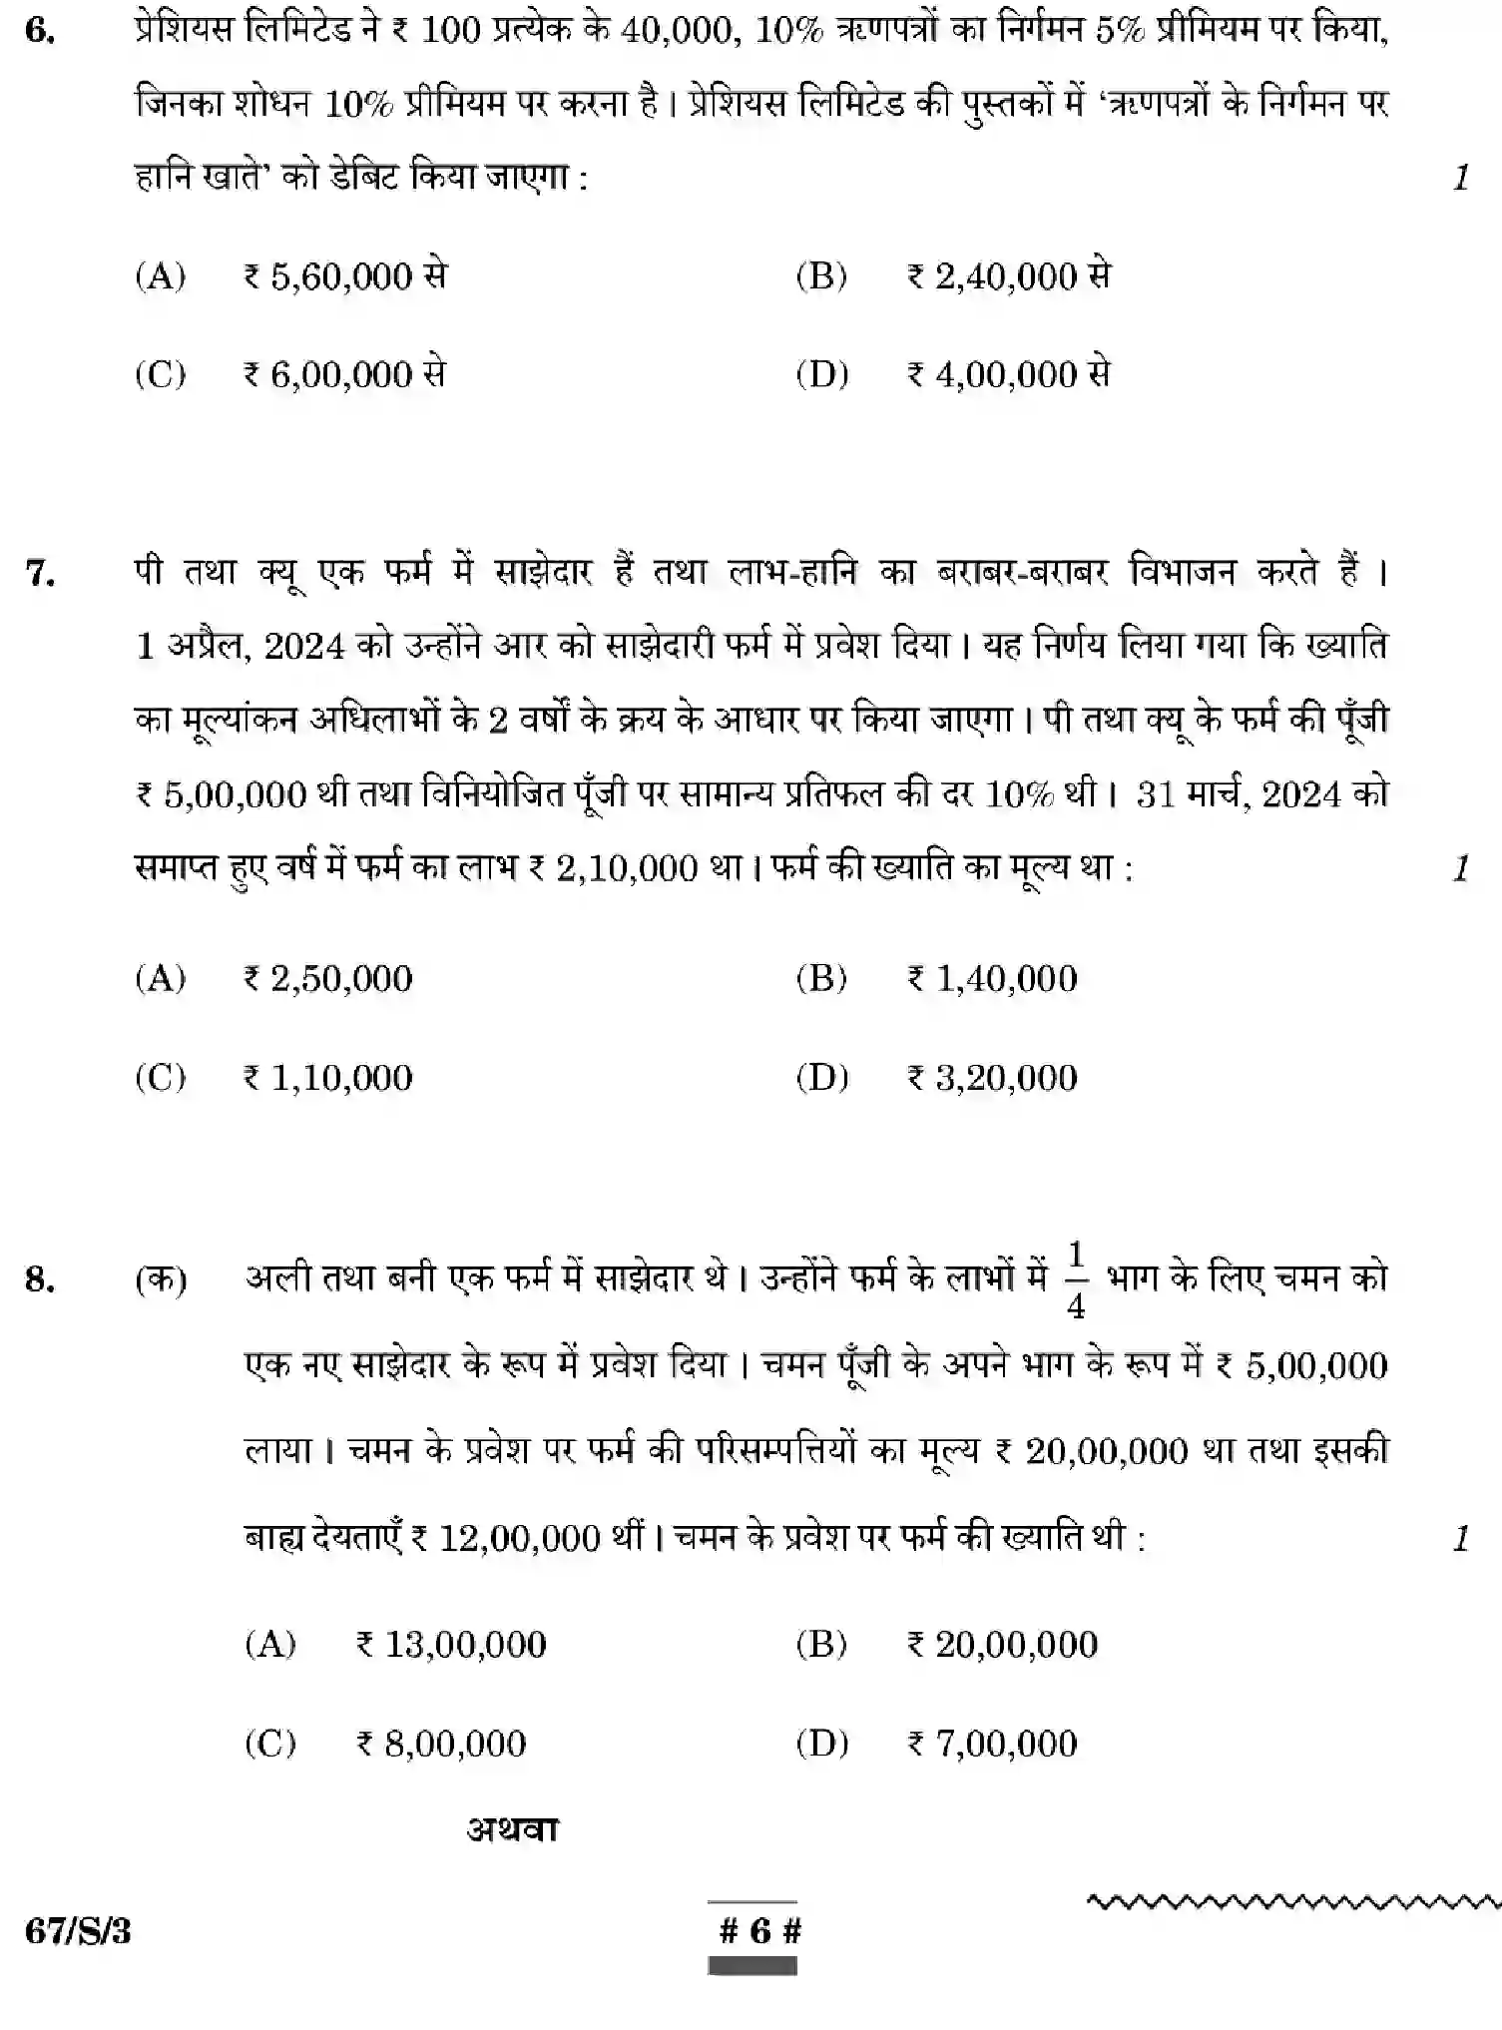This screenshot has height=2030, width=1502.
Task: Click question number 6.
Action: coord(39,31)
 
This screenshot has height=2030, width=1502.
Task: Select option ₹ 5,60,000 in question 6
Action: coord(344,276)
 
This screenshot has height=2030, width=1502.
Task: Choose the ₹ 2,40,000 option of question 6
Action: coord(1008,276)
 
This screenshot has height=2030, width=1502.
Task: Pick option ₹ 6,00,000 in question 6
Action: coord(344,375)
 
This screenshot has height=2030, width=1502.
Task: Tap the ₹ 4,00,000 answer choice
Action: coord(1008,375)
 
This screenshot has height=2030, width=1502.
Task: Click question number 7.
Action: coord(39,574)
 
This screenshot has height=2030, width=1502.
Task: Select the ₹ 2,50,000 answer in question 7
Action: coord(327,979)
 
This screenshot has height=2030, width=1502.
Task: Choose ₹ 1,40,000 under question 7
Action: coord(992,979)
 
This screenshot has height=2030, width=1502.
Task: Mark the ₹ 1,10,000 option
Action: coord(327,1078)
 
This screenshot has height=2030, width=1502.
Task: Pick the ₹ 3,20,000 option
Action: coord(992,1078)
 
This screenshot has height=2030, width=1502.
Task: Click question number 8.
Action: coord(39,1279)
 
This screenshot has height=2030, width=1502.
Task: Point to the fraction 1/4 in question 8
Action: coord(1076,1280)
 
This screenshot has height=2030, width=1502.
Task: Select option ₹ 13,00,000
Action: coord(451,1645)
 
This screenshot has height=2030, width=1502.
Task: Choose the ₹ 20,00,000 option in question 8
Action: coord(1002,1645)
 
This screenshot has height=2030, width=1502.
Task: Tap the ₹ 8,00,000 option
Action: coord(441,1744)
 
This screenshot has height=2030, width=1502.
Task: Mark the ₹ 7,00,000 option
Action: coord(992,1744)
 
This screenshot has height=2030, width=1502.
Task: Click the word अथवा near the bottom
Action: coord(513,1829)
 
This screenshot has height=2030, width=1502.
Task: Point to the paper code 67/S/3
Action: coord(78,1931)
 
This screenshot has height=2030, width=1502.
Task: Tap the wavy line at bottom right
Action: coord(1292,1900)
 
